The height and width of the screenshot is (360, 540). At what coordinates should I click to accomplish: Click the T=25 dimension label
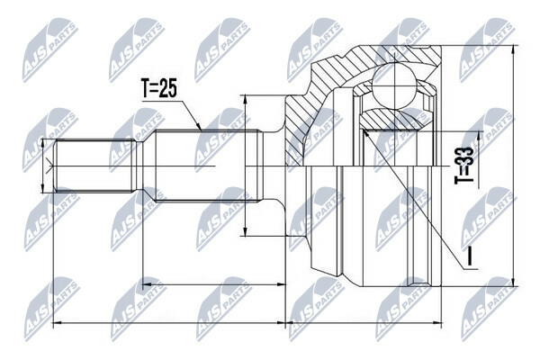[x=158, y=88]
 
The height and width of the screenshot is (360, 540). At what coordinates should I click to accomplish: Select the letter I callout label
[x=471, y=257]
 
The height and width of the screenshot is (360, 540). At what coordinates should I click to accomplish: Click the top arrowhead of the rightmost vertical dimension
[x=514, y=49]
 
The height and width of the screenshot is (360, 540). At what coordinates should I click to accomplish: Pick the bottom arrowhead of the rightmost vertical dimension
[x=514, y=282]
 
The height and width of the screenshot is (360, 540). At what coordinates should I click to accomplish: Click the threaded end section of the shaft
[x=94, y=166]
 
